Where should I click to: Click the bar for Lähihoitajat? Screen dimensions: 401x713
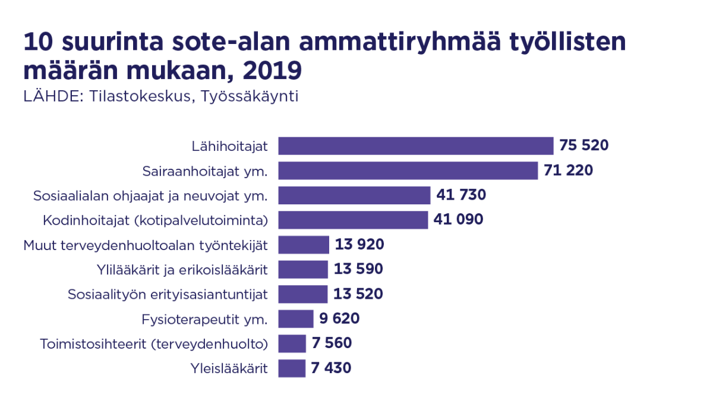416,146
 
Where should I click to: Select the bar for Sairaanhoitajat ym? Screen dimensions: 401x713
408,170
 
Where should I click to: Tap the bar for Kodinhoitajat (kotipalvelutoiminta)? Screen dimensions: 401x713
353,220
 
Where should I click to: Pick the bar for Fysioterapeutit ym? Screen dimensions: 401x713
295,318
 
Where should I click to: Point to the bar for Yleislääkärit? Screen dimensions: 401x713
292,368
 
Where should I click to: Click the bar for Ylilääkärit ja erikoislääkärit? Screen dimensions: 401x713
303,269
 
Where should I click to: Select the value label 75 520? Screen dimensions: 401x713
584,146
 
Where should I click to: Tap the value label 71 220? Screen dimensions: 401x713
568,170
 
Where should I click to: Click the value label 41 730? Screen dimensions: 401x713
461,195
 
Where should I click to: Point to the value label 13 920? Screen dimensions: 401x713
359,244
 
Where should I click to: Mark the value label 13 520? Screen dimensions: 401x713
358,293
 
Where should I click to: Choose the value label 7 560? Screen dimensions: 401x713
332,343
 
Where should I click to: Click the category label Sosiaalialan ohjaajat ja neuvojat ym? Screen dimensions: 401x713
151,195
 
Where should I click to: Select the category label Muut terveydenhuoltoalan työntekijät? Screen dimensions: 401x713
146,245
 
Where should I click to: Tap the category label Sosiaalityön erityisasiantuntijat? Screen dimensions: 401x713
168,294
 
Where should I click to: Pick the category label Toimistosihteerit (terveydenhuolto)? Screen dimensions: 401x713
154,344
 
